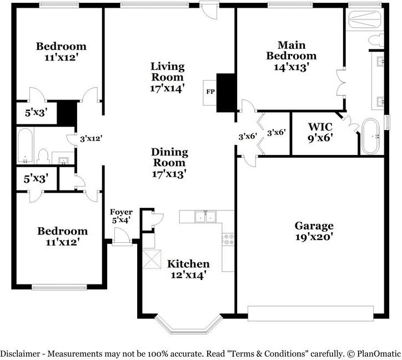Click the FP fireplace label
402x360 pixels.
(210, 92)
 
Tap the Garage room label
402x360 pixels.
(314, 226)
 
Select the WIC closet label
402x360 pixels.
(320, 127)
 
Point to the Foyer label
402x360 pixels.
(121, 212)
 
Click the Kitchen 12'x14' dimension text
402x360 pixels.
(189, 275)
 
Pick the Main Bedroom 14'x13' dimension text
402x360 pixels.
(292, 67)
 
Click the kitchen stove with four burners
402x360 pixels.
(228, 239)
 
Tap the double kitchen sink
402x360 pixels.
(205, 217)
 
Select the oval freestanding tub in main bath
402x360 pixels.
(370, 136)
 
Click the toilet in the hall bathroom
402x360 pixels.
(43, 157)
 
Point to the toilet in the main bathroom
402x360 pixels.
(376, 41)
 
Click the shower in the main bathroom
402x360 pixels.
(365, 19)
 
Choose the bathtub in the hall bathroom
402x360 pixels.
(25, 146)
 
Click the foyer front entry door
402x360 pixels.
(122, 237)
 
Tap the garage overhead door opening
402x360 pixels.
(310, 313)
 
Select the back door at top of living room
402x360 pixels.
(209, 10)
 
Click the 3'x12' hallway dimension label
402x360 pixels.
(91, 139)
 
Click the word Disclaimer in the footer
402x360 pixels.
(20, 354)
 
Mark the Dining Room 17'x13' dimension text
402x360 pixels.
(169, 174)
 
